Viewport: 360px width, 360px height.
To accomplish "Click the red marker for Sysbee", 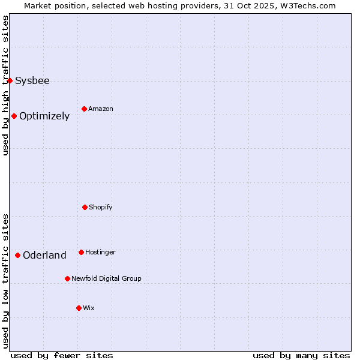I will (x=10, y=80).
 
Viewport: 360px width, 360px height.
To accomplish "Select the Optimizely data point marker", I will (x=14, y=116).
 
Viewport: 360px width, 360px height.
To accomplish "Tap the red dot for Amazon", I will (x=84, y=109).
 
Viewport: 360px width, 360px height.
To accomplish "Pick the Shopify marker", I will (x=85, y=207).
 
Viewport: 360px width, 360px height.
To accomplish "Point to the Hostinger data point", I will (x=81, y=252).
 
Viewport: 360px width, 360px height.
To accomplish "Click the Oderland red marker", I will (x=17, y=255).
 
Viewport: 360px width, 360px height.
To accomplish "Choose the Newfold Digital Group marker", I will (x=67, y=278).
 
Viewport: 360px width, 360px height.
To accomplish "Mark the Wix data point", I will (x=79, y=308).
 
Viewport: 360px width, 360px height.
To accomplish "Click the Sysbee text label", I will (x=32, y=80).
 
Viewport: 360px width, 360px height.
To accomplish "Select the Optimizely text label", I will (x=44, y=116).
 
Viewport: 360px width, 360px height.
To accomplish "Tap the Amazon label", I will (x=101, y=109).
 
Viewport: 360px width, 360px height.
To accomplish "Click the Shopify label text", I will (x=101, y=207).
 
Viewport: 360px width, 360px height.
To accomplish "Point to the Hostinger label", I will (x=100, y=252).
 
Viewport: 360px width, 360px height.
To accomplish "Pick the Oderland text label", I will (x=44, y=255).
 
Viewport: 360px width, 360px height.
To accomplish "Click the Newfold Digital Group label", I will (x=106, y=278).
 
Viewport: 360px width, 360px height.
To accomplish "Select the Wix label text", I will (x=89, y=308).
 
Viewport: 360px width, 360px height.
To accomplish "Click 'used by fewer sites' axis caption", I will (x=62, y=355).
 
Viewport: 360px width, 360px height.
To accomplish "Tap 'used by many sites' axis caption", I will (x=301, y=355).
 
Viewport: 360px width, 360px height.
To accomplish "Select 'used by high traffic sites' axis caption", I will (x=5, y=85).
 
